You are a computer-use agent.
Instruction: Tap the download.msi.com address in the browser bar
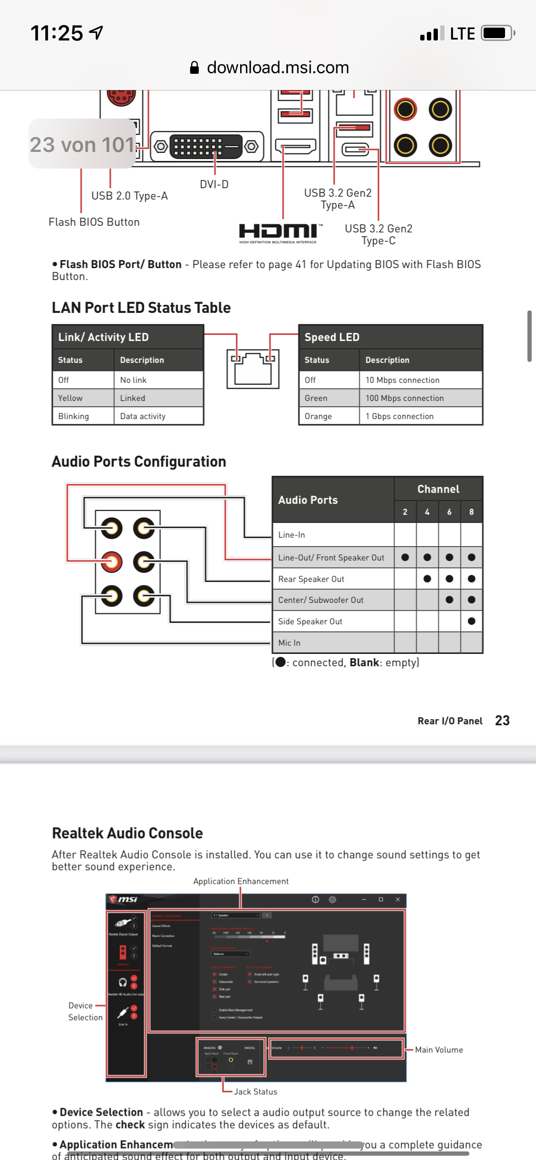(277, 68)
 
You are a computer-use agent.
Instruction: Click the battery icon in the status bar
(497, 33)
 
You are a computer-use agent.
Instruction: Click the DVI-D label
(214, 184)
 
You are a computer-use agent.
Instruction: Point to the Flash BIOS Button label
(94, 222)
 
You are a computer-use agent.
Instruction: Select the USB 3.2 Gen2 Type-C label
(378, 234)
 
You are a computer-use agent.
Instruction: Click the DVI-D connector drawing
(207, 147)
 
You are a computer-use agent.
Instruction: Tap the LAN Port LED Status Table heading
(141, 308)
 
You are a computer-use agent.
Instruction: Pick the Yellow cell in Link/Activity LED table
(71, 398)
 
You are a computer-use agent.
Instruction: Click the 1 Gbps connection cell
(399, 416)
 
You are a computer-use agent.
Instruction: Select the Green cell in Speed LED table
(316, 398)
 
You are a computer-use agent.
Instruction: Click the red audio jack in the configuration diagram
(111, 562)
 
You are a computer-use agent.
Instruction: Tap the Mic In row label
(289, 643)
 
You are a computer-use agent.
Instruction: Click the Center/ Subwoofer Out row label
(321, 600)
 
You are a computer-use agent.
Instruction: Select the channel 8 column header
(471, 512)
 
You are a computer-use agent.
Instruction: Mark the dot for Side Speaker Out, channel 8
(471, 621)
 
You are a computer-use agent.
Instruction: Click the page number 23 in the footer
(502, 720)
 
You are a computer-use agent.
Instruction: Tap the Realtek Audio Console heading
(127, 833)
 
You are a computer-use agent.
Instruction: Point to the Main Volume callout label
(438, 1050)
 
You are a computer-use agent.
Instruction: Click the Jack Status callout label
(255, 1091)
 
